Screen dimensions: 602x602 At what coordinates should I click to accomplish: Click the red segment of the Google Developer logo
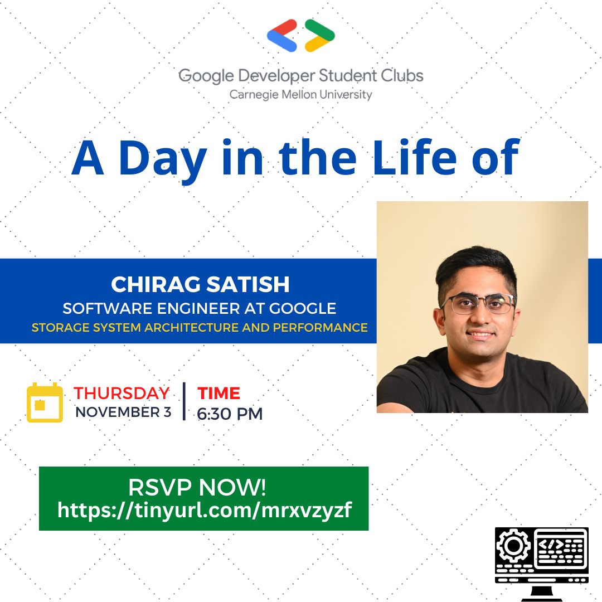(283, 27)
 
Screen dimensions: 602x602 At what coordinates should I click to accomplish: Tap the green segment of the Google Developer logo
(319, 28)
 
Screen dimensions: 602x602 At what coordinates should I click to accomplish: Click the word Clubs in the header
(402, 76)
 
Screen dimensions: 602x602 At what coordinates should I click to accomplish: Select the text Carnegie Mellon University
(300, 95)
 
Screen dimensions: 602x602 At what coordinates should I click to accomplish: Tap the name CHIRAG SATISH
(200, 284)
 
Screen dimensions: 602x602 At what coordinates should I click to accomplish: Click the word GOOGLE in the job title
(303, 308)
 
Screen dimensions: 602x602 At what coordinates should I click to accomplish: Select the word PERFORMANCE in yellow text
(320, 328)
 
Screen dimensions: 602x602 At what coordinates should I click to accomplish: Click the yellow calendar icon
(45, 402)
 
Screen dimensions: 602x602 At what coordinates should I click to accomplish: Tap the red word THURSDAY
(122, 393)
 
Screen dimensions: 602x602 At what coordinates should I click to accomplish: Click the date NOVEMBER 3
(123, 412)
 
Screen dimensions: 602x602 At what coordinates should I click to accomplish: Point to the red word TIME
(219, 393)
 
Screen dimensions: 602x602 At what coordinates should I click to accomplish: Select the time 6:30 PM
(230, 414)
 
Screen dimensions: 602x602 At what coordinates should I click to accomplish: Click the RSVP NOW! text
(197, 487)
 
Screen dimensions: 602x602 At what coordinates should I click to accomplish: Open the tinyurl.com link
(204, 511)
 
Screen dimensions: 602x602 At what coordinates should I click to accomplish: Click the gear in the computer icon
(513, 545)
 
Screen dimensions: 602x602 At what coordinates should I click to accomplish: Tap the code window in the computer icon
(561, 547)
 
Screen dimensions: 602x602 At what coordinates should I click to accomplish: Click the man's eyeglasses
(478, 304)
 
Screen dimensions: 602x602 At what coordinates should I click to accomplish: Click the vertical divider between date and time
(185, 401)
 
